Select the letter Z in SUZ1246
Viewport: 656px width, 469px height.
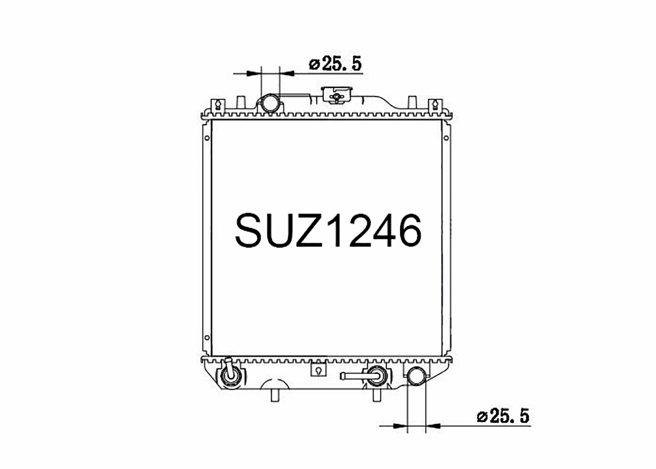coord(310,230)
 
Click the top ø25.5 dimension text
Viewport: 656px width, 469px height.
coord(335,64)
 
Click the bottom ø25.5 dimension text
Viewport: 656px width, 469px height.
coord(503,416)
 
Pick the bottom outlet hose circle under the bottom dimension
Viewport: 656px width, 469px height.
coord(416,376)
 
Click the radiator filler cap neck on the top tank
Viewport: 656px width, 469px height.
coord(337,95)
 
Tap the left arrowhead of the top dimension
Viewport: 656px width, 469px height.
coord(254,73)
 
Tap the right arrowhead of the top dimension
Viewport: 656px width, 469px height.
coord(287,73)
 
